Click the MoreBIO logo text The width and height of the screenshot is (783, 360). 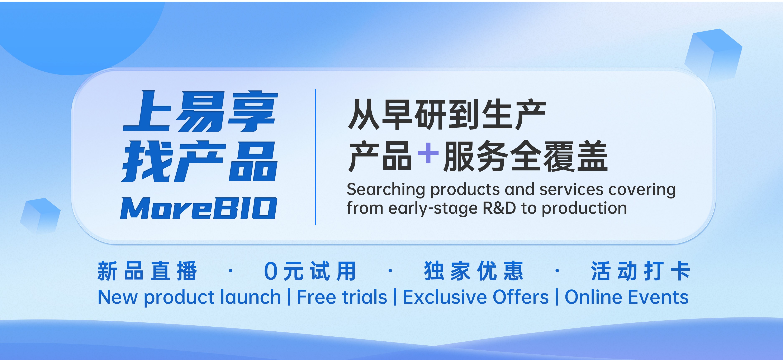(199, 208)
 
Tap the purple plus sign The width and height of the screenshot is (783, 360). (428, 153)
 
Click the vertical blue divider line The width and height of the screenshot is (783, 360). (315, 157)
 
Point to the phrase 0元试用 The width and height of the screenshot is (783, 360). (310, 271)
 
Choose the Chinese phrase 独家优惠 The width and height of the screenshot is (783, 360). (474, 271)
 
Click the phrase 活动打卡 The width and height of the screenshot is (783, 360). (640, 271)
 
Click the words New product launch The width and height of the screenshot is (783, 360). (189, 297)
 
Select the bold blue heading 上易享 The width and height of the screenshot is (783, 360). (200, 111)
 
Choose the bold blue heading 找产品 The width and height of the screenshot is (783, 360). (199, 161)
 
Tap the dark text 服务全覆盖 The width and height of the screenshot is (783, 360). (526, 156)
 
